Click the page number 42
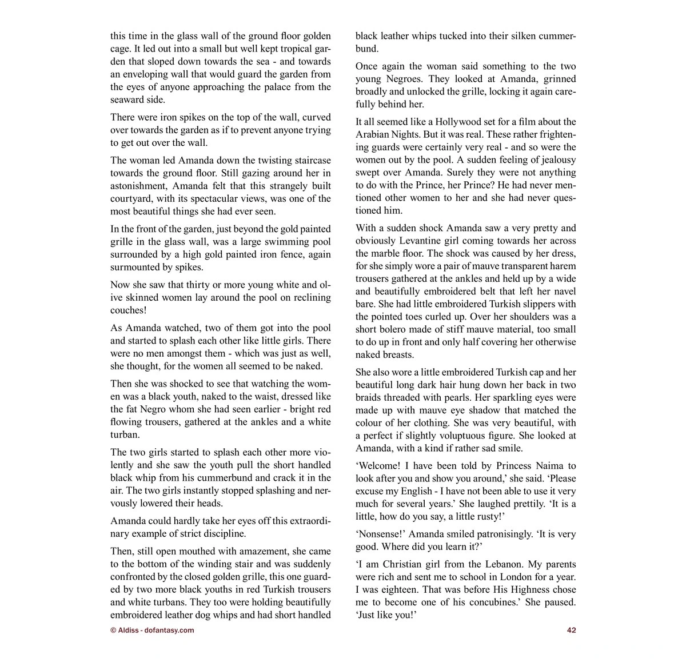point(571,630)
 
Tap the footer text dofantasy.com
point(169,630)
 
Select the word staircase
point(304,160)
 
